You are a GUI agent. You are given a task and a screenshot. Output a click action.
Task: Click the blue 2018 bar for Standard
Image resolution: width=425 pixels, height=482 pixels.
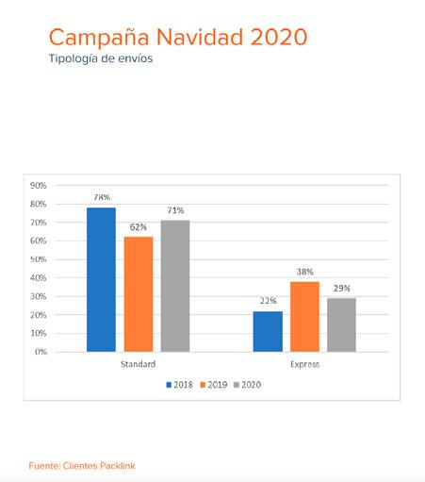101,279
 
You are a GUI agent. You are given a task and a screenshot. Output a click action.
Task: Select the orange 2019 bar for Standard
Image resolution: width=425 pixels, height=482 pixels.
139,294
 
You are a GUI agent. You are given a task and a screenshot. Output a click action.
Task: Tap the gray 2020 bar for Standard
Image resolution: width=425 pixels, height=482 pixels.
175,286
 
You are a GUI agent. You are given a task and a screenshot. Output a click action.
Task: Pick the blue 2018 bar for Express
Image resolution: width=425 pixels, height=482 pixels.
268,331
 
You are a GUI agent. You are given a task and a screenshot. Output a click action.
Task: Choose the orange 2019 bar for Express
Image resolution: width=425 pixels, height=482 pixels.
304,317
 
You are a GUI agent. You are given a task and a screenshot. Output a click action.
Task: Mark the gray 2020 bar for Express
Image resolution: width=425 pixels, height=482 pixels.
341,324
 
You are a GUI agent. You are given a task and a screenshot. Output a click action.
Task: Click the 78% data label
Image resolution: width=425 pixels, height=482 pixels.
102,197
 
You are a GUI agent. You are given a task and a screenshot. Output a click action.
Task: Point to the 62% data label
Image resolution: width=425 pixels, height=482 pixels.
139,227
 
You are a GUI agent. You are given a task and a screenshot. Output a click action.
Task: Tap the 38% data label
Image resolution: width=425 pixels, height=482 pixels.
305,272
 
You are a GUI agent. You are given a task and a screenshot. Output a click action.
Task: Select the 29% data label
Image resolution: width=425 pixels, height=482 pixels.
342,289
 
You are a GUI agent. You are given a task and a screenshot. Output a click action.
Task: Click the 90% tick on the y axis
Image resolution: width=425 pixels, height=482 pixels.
39,186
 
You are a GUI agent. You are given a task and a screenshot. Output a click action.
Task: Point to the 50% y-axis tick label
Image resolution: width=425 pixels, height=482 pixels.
39,259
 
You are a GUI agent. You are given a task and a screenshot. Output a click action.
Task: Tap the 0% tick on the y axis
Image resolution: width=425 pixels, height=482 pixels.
41,352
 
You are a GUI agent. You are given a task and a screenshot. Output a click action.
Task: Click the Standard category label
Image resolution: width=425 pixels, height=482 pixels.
139,364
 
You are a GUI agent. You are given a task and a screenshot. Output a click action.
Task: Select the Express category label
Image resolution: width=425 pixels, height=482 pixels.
304,364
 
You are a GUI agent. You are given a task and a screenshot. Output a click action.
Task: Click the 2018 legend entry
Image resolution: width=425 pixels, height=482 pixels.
179,385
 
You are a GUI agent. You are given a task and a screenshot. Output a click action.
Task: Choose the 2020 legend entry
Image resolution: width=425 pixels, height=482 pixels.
248,385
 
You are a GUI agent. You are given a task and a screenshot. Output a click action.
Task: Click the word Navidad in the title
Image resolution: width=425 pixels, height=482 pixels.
200,37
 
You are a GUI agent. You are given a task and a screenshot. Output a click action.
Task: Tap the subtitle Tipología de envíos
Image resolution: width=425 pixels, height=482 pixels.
101,58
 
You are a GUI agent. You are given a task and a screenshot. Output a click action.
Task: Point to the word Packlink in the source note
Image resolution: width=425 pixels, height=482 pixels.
118,466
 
